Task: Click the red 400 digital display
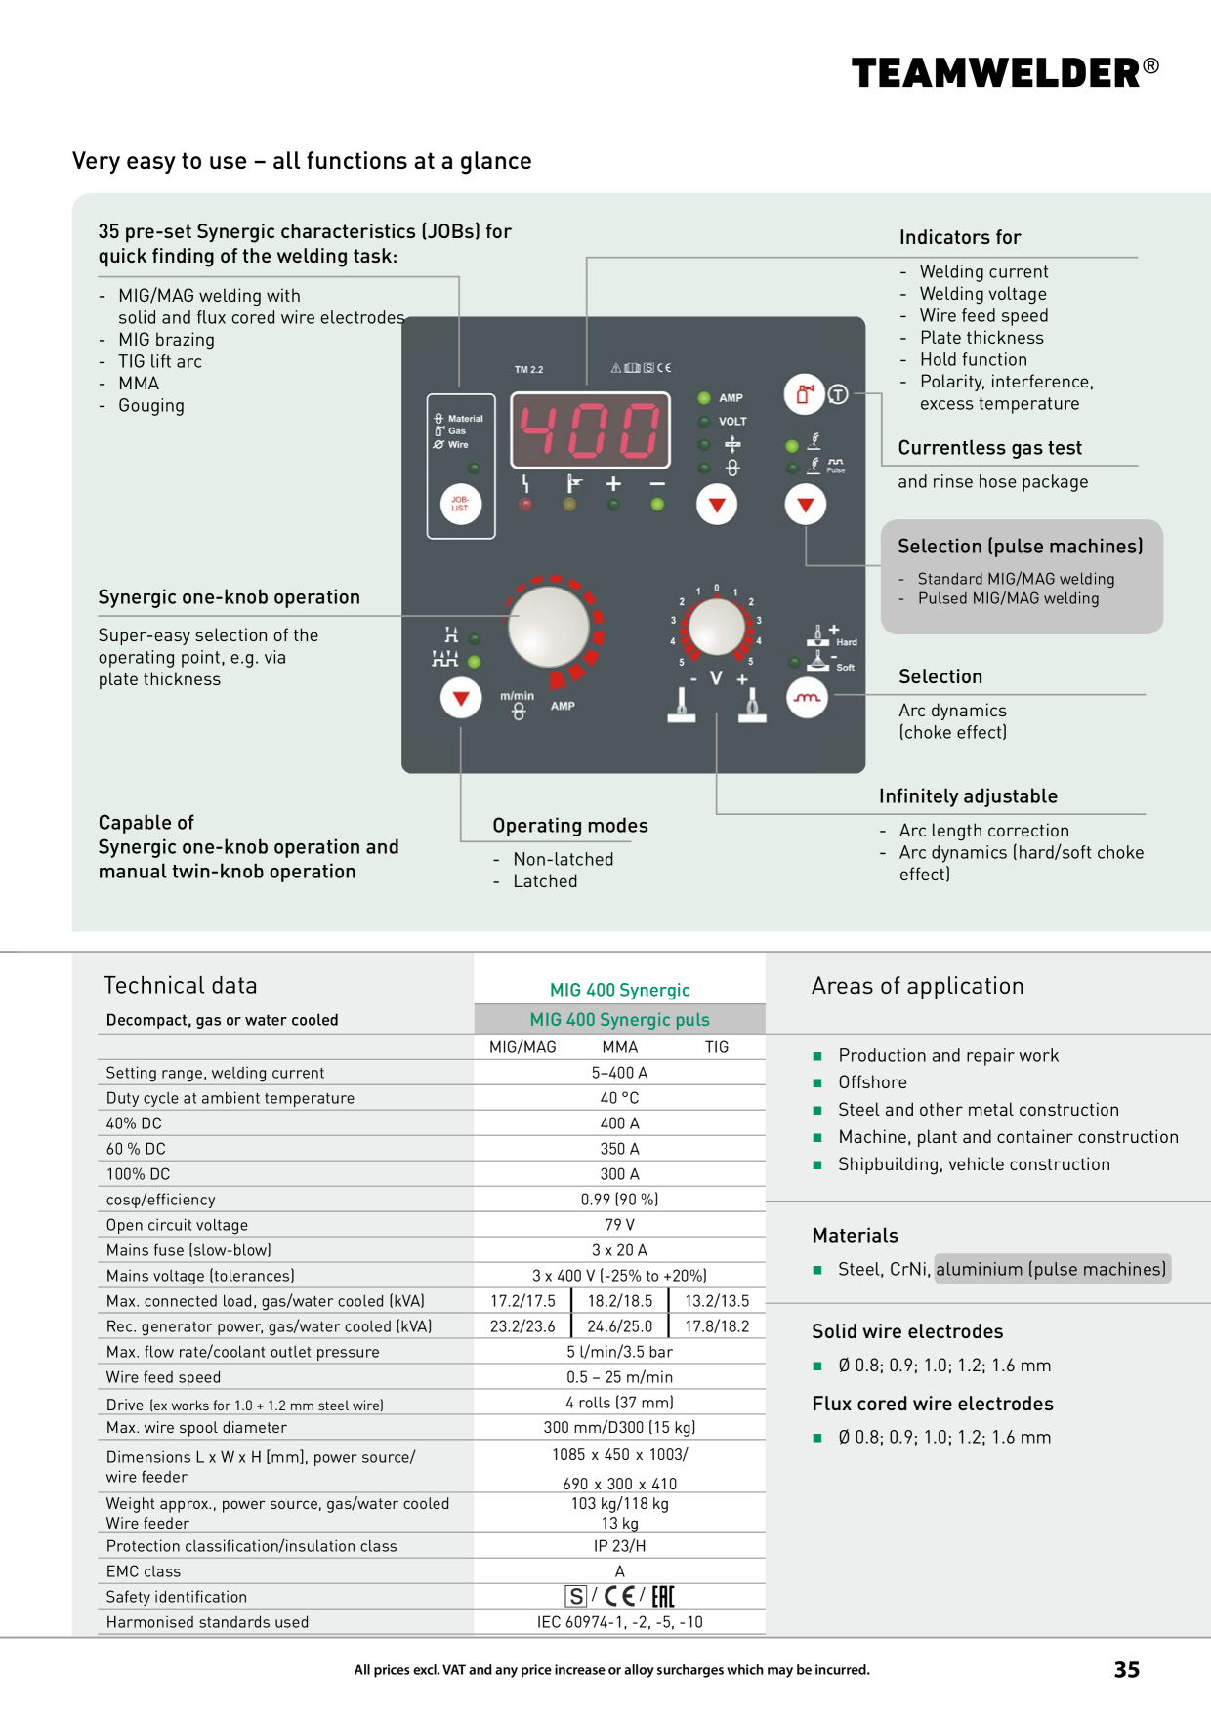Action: point(590,430)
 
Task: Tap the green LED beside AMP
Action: point(704,398)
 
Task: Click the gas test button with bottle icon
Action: point(805,394)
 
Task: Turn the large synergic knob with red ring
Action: point(553,627)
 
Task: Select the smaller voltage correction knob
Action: point(716,627)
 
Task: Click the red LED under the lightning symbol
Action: point(525,505)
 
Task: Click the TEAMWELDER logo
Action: point(1006,72)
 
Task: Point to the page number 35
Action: point(1127,1669)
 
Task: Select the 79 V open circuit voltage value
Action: point(619,1224)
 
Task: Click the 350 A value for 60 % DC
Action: point(619,1148)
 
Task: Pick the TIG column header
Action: point(717,1046)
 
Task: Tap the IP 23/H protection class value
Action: point(619,1545)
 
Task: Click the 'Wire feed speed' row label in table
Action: point(163,1377)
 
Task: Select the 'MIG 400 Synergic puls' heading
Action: point(619,1019)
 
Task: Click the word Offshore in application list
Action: point(872,1082)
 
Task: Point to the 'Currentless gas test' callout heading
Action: point(989,448)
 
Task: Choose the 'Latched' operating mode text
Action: point(545,881)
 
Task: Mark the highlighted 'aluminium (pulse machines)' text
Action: point(1052,1269)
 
